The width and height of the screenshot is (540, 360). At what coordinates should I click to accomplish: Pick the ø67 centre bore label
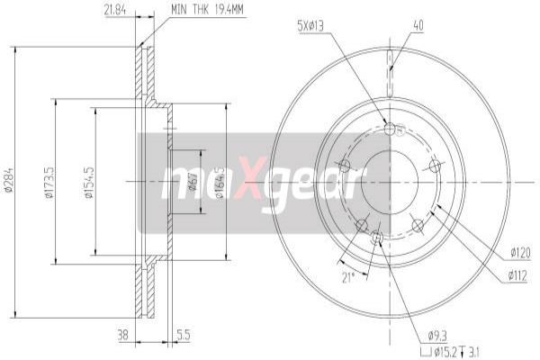coord(193,182)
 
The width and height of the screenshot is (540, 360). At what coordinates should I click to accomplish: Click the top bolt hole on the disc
coord(390,129)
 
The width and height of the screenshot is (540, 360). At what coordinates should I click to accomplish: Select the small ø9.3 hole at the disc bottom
coord(377,238)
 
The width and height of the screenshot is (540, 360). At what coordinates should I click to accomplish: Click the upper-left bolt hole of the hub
coord(344,165)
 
